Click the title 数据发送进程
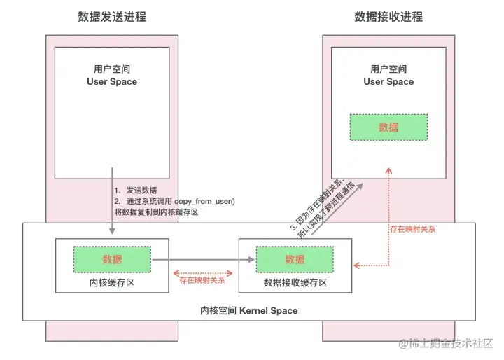[112, 17]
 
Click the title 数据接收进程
[388, 17]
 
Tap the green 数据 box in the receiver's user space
[388, 127]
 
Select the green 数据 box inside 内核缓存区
[112, 259]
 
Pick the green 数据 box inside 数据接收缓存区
[295, 259]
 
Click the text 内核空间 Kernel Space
[248, 310]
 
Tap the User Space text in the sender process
[112, 82]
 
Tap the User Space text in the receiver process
[388, 82]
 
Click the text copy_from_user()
[205, 201]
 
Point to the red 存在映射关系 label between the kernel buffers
[202, 280]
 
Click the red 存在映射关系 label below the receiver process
[412, 228]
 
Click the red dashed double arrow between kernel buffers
[202, 272]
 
